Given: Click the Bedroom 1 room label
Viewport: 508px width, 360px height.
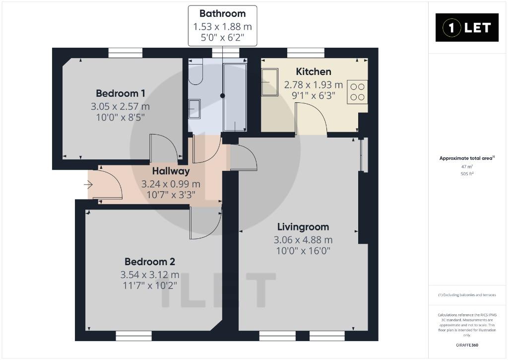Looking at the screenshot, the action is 120,93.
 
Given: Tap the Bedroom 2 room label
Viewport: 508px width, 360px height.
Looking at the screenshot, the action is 150,261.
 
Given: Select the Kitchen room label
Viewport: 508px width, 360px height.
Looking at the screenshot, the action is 314,72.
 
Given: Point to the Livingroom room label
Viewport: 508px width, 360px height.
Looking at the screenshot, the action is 303,227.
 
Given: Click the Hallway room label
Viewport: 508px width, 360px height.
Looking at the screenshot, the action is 171,171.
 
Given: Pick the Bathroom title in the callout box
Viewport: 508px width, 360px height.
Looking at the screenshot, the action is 223,13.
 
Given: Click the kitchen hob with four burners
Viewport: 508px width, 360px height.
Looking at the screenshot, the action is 357,92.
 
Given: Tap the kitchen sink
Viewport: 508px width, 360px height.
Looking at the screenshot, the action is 269,82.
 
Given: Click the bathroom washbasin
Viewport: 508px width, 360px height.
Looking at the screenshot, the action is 194,109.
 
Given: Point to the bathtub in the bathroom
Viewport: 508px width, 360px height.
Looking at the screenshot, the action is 235,97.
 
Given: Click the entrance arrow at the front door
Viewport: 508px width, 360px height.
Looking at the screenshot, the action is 88,185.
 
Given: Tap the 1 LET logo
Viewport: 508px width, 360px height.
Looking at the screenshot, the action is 467,28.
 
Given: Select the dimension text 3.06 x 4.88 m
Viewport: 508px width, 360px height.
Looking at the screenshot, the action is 303,240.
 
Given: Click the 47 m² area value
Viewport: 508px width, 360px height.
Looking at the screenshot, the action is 467,167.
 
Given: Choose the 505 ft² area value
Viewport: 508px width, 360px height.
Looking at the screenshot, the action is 467,174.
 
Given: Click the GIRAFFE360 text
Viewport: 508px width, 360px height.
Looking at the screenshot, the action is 467,345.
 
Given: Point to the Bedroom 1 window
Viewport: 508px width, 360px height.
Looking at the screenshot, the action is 126,53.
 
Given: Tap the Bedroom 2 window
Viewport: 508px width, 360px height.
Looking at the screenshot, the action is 134,336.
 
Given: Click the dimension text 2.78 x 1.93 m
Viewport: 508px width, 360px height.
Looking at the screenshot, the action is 314,84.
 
